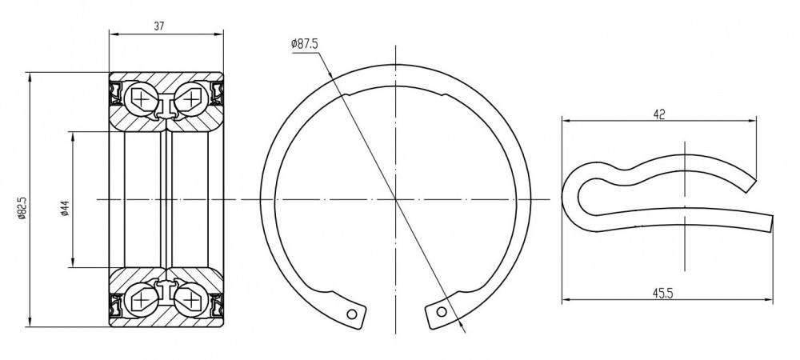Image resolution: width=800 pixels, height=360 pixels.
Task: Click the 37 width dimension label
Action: pyautogui.click(x=159, y=26)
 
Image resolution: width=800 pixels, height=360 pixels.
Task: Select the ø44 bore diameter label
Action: pyautogui.click(x=65, y=208)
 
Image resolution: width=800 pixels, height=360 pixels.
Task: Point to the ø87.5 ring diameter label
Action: pyautogui.click(x=305, y=44)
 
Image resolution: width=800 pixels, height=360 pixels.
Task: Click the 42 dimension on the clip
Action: pyautogui.click(x=659, y=114)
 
